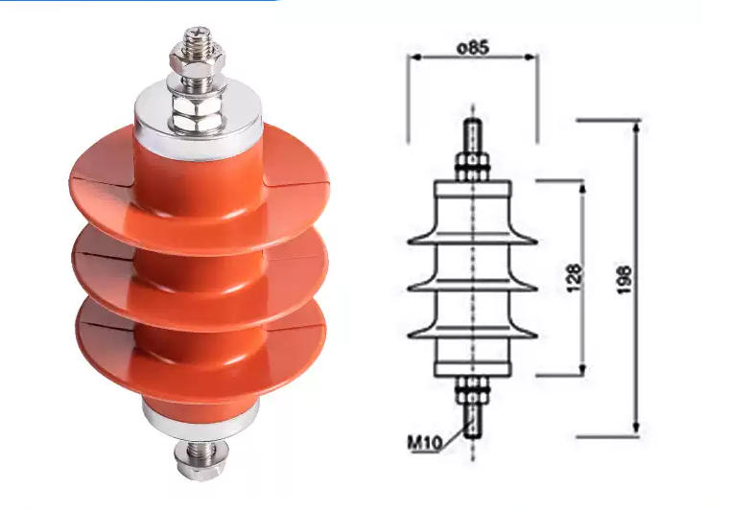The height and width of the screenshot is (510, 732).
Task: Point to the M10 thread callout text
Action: pos(424,443)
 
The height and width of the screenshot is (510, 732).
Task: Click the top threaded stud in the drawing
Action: pos(472,134)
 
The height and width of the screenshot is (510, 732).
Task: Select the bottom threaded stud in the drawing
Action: pos(472,422)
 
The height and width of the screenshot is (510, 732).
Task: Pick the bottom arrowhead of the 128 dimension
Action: pos(582,370)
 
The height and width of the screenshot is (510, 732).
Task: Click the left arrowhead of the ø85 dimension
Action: pos(414,57)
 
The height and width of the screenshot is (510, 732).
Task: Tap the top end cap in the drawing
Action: pos(472,191)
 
